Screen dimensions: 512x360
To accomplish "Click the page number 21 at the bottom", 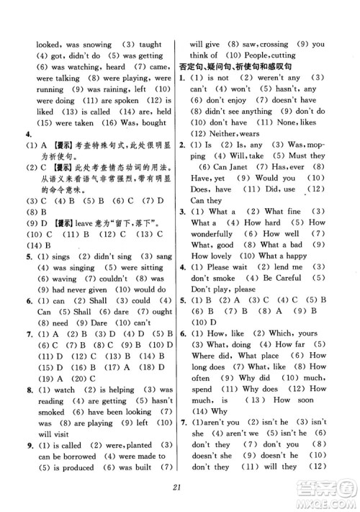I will point(179,490).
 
